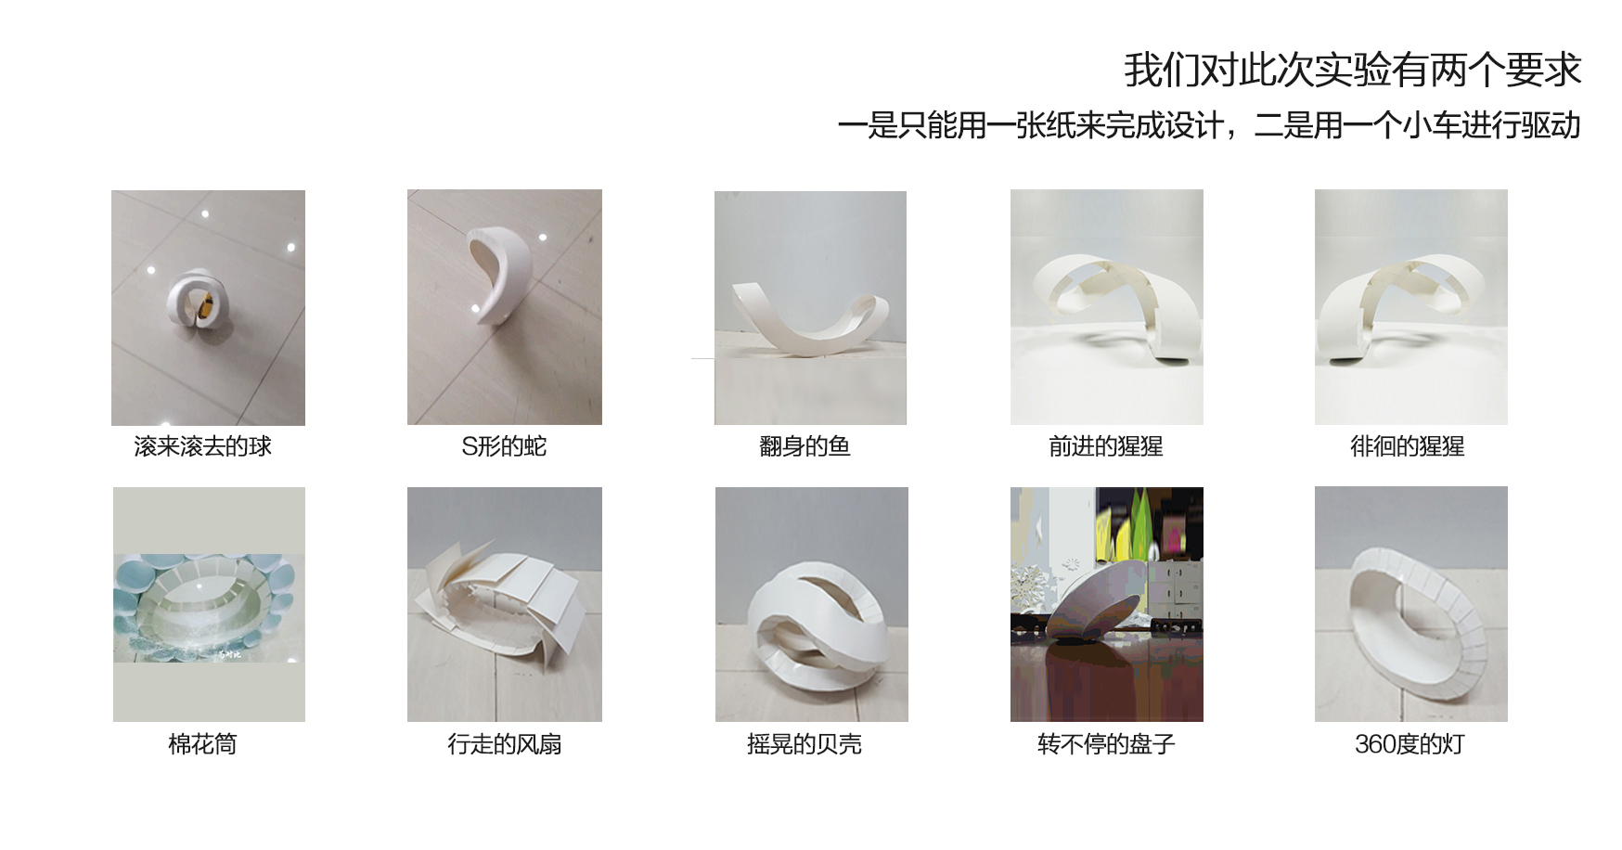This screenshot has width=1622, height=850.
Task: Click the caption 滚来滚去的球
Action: (x=202, y=446)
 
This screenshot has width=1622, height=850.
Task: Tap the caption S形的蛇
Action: (x=504, y=446)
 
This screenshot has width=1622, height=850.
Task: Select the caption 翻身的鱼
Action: (x=805, y=446)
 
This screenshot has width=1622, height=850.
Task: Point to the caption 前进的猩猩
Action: (x=1105, y=446)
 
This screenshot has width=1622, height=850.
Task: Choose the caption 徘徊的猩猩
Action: (x=1407, y=446)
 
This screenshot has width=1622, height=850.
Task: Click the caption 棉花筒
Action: (x=202, y=744)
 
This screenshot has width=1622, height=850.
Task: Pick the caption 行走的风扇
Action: (x=504, y=744)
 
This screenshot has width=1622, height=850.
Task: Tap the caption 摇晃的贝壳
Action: (x=805, y=744)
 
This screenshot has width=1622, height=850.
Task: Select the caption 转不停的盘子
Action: (x=1105, y=744)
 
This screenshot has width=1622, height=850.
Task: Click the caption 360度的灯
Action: (x=1409, y=744)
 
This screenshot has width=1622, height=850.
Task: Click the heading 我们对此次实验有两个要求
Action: (x=1352, y=71)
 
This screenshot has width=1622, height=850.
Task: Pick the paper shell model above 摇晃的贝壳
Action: (x=809, y=617)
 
